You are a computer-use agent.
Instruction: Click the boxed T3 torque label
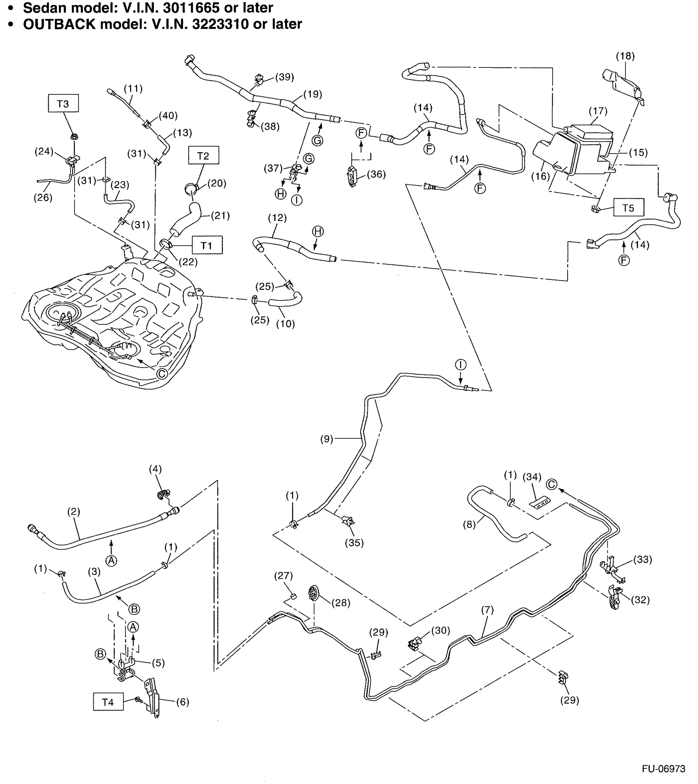click(x=63, y=103)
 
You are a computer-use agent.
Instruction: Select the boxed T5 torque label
click(x=628, y=208)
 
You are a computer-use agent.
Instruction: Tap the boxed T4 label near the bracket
click(x=108, y=702)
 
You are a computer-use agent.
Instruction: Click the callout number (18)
click(x=625, y=56)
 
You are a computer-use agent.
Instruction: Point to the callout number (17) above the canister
click(x=598, y=111)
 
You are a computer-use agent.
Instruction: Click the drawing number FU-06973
click(x=663, y=769)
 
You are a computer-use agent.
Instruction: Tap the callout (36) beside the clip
click(x=376, y=174)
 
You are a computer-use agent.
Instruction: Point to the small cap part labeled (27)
click(x=293, y=596)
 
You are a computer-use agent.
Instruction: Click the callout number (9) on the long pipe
click(x=327, y=439)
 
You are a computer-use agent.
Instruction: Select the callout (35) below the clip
click(x=353, y=542)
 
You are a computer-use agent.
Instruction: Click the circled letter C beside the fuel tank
click(x=162, y=373)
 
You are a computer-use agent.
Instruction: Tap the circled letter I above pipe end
click(x=460, y=364)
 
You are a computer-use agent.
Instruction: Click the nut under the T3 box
click(x=75, y=137)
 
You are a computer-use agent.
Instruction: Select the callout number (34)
click(x=532, y=477)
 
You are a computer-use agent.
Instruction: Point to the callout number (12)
click(x=277, y=218)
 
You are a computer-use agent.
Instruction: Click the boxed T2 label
click(x=204, y=156)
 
